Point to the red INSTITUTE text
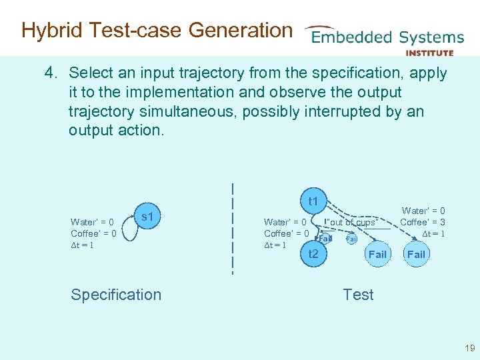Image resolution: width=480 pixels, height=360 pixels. point(429,53)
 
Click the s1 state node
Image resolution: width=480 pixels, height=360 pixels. point(147,217)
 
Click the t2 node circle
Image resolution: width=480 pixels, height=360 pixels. point(313,253)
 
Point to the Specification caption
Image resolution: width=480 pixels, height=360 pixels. point(116,295)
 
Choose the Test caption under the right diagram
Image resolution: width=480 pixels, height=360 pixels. point(358,295)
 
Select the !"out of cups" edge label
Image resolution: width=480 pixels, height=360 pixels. point(351,222)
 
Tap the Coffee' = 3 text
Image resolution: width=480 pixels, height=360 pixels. point(423,222)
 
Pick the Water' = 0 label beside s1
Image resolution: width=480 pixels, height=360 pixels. point(92,222)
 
